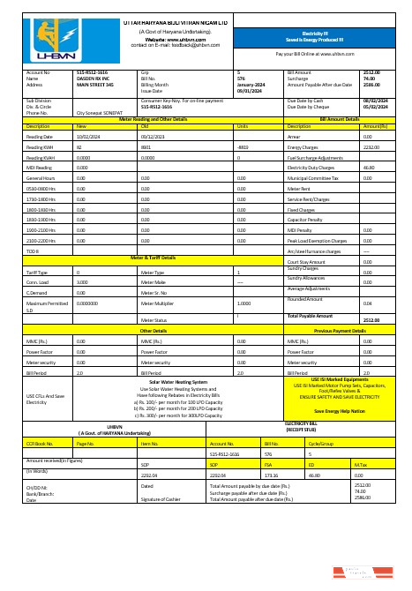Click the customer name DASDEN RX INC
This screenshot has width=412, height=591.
tap(94, 78)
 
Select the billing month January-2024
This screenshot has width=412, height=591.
tap(251, 84)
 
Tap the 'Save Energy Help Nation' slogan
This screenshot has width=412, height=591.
tap(339, 411)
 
